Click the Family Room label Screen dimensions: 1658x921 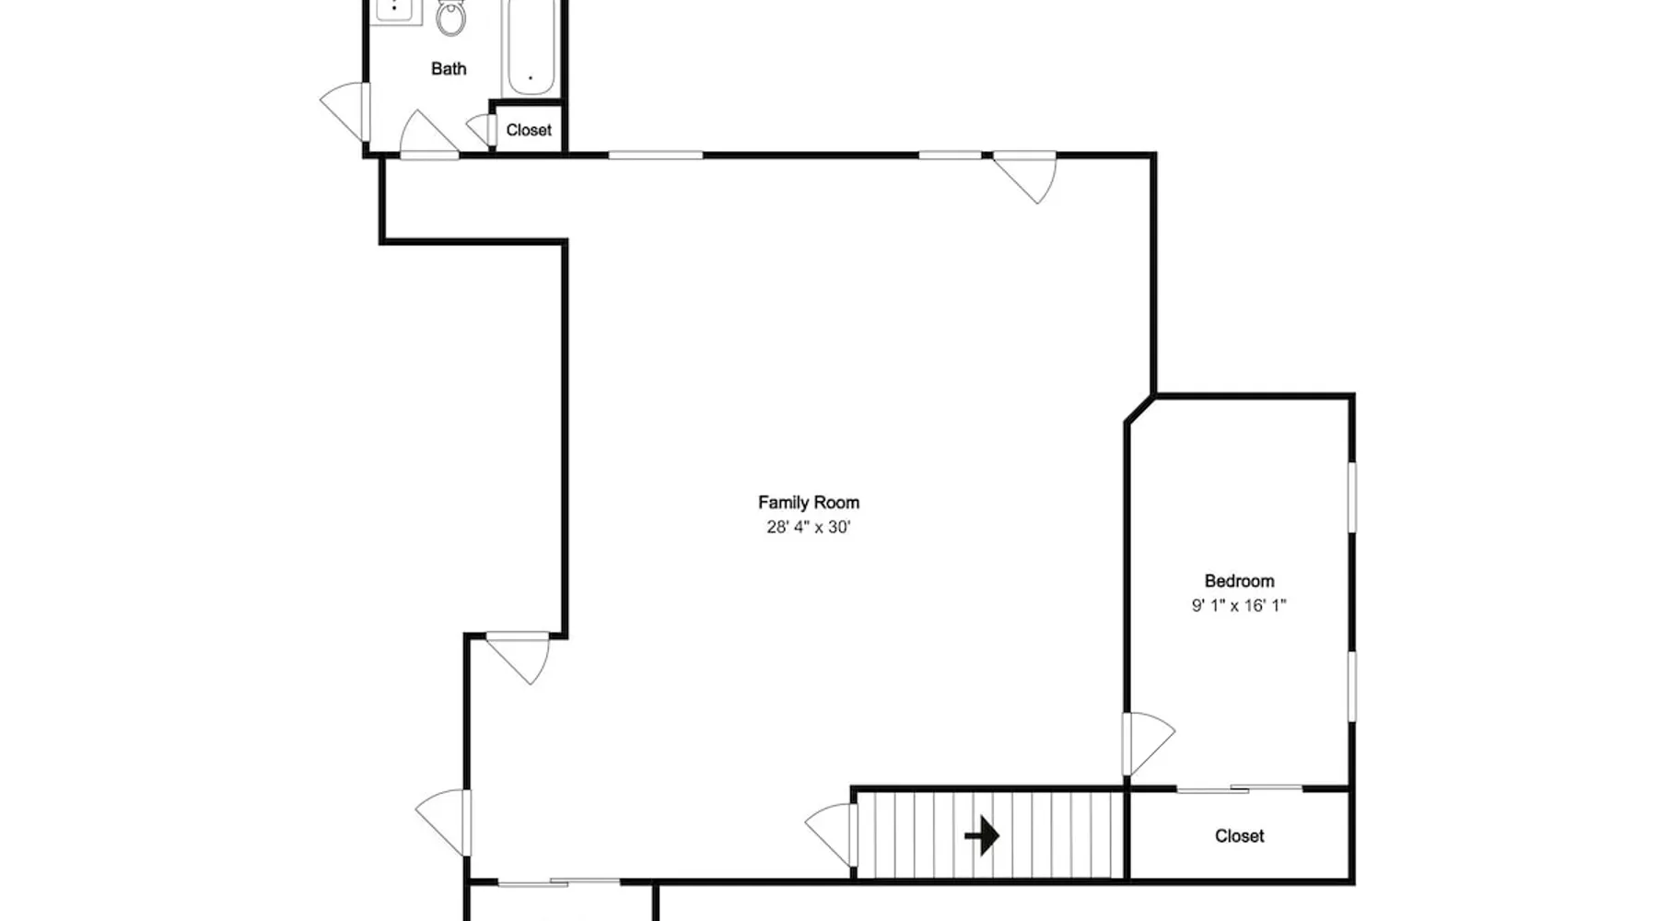coord(809,502)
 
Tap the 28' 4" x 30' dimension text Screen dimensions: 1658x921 coord(809,527)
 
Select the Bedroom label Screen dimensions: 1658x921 coord(1239,580)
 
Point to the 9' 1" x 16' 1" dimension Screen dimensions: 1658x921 coord(1239,605)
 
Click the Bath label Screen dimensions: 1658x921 coord(449,68)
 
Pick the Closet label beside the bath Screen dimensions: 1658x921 coord(529,130)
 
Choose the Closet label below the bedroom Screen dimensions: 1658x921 coord(1239,835)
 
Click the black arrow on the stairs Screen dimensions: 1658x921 coord(982,836)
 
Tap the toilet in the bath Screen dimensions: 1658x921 coord(450,17)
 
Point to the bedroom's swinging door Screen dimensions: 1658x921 coord(1148,743)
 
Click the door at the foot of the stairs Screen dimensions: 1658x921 coord(832,834)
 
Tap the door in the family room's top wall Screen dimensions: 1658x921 coord(1025,177)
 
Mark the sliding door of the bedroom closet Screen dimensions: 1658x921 coord(1239,788)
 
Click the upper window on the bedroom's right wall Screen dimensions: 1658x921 coord(1352,496)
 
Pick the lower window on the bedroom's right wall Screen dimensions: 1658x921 coord(1352,686)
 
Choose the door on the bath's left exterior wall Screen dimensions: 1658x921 coord(345,111)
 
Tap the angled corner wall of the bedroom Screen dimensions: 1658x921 coord(1139,410)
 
